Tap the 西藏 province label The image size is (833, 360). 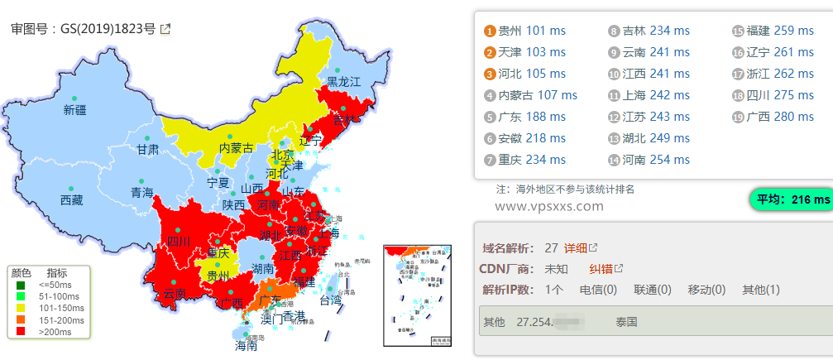coord(72,200)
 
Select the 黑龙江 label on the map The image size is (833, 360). coord(343,82)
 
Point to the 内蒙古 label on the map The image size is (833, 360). coord(236,148)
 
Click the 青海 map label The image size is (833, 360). coord(141,193)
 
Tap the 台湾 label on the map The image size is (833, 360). coord(330,300)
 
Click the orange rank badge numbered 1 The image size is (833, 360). coord(490,31)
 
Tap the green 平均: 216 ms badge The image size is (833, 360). coord(789,199)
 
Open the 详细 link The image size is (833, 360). coord(576,247)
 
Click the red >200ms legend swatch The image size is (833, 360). coord(21,331)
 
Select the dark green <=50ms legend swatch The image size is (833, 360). coord(21,285)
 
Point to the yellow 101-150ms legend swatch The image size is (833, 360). coord(21,308)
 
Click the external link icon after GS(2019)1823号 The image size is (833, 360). coord(165,29)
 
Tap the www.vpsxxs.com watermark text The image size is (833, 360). coord(549,207)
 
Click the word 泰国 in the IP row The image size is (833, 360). coord(627,321)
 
